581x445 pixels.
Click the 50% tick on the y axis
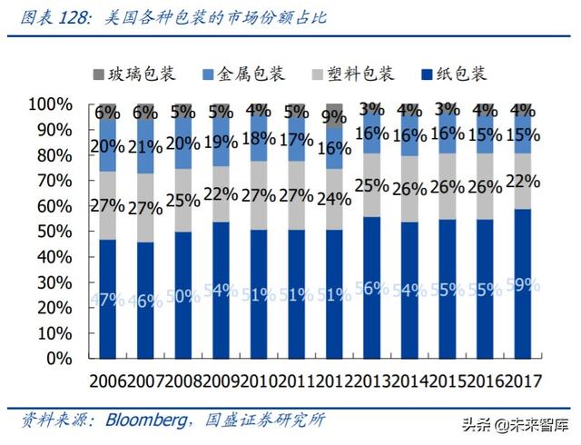53,232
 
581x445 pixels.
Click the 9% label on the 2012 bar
335,116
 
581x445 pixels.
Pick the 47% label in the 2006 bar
107,299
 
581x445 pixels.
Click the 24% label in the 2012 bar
335,198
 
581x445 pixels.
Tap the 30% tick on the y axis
53,282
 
